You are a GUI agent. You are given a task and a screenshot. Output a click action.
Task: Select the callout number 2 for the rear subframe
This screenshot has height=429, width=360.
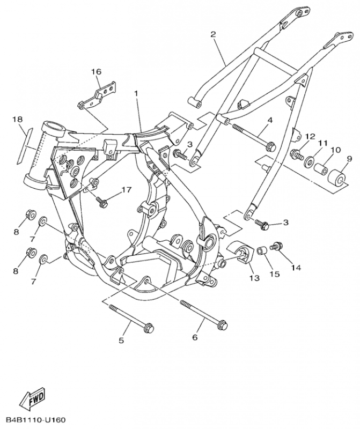213,34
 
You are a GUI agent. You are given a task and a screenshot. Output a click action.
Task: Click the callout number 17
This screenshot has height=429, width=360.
127,189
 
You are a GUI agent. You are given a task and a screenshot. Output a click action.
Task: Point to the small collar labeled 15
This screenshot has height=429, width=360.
262,251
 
